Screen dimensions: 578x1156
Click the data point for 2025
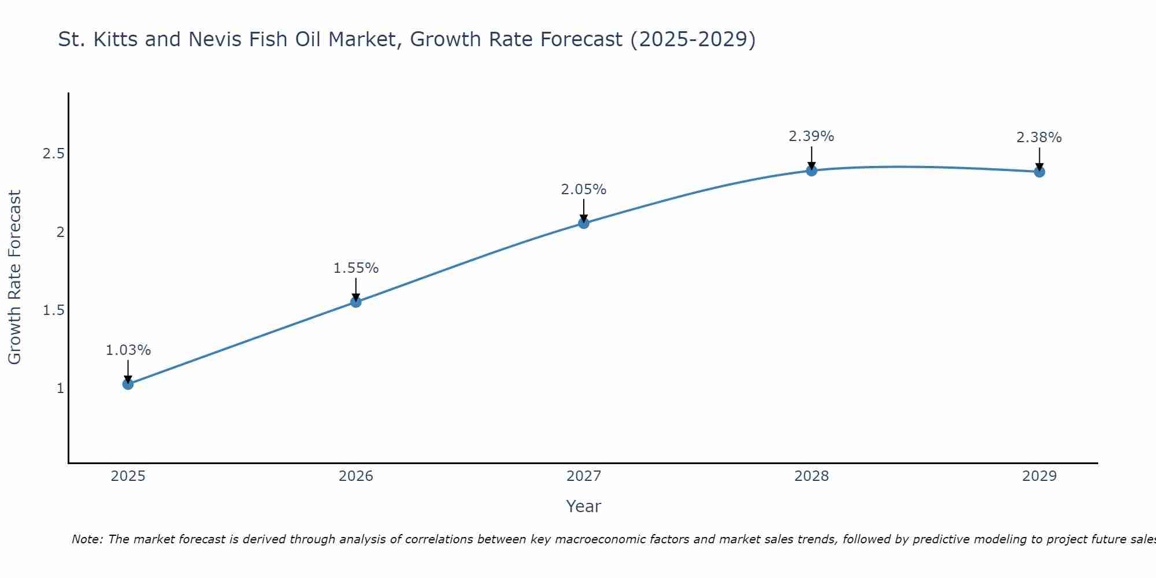(x=128, y=384)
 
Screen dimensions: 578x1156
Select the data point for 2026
(x=355, y=302)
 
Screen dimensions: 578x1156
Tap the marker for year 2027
(x=583, y=223)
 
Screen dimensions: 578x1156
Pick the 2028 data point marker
(x=812, y=170)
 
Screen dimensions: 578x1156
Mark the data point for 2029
(x=1039, y=172)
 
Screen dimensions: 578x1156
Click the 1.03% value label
(x=128, y=350)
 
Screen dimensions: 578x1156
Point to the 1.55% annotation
(x=355, y=268)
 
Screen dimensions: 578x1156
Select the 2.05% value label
(x=583, y=190)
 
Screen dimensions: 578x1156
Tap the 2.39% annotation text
(x=811, y=136)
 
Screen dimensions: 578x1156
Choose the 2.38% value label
(x=1039, y=138)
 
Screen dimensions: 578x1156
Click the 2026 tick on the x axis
(x=355, y=476)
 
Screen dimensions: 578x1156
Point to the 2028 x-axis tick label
(x=811, y=476)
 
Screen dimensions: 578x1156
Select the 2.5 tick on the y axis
(x=53, y=154)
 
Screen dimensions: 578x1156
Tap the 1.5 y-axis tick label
(x=53, y=310)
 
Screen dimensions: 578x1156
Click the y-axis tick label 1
(x=60, y=388)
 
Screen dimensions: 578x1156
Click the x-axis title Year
(x=583, y=506)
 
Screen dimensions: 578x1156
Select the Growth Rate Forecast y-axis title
(x=14, y=277)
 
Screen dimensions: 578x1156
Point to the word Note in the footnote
(x=87, y=539)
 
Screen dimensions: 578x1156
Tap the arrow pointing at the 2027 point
(x=583, y=210)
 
